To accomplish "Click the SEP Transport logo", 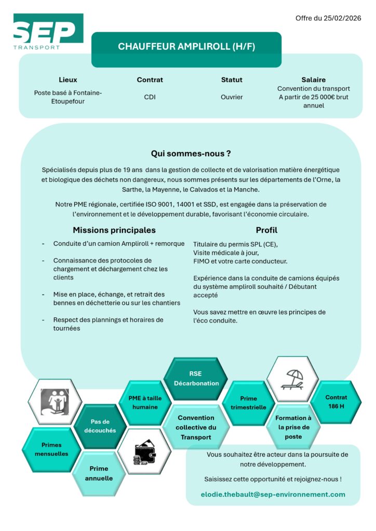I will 48,32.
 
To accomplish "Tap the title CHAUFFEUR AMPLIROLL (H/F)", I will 186,47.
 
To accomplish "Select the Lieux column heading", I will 68,80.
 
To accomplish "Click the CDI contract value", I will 150,97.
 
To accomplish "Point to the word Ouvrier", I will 232,97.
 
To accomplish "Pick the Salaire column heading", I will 313,80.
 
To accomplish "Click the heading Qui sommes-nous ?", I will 191,153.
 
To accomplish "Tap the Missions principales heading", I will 114,230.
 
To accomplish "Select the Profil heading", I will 266,230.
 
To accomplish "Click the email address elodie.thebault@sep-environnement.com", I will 273,494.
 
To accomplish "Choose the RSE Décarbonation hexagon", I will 195,379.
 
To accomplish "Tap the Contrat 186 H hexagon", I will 336,402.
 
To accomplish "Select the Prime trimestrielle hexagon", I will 248,403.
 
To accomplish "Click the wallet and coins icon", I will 144,451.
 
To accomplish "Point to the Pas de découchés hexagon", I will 100,426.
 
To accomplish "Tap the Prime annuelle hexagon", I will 99,473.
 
